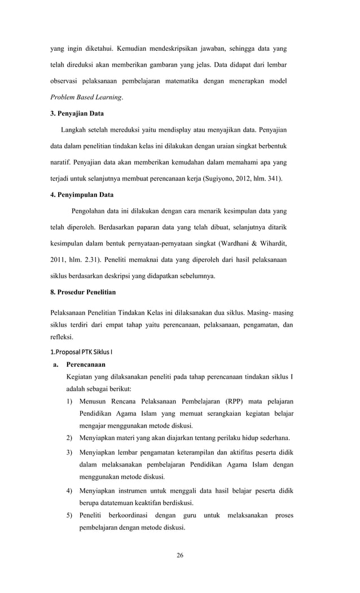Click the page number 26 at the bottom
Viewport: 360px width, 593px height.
180,555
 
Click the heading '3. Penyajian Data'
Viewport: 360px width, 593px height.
77,113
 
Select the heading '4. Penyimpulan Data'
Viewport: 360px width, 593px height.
82,195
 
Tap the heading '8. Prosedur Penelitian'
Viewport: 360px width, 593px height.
83,292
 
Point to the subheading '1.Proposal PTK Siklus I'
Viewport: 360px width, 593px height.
81,353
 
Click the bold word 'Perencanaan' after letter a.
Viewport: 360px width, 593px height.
85,365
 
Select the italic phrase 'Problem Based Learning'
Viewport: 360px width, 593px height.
86,97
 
